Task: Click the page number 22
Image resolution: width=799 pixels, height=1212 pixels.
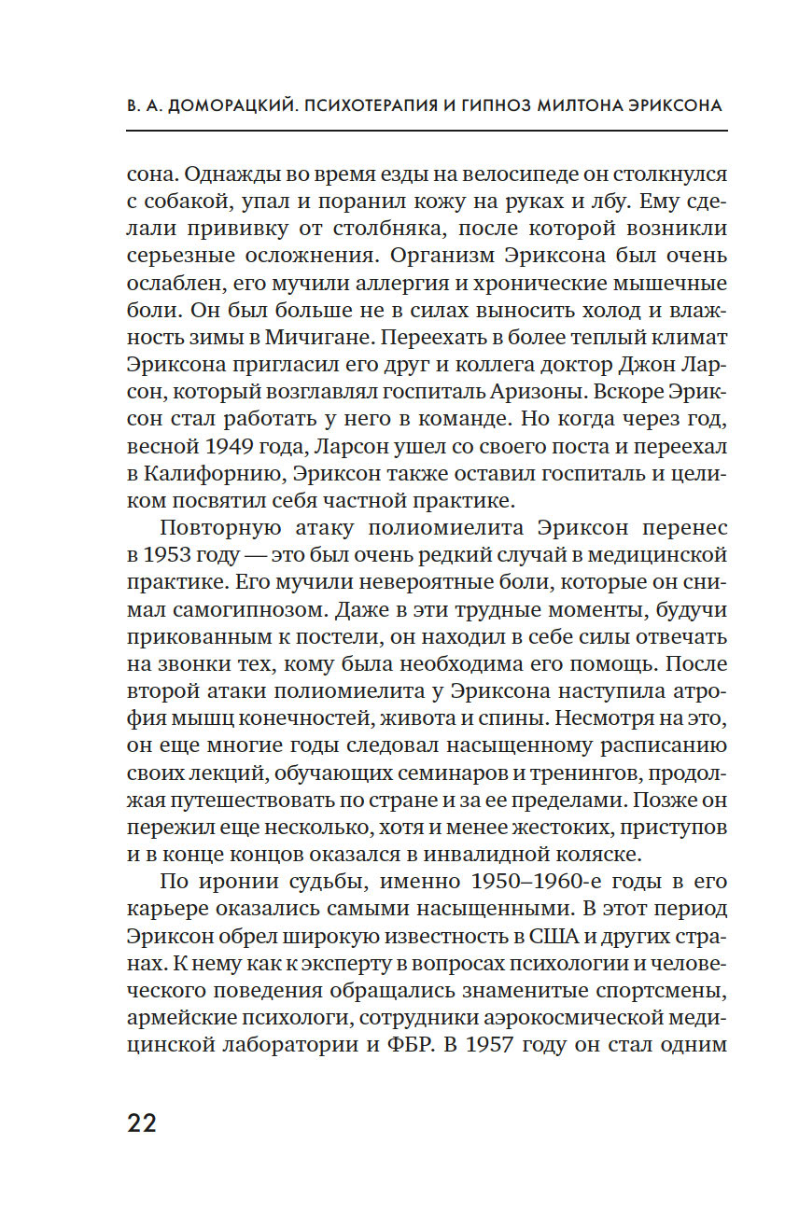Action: [142, 1121]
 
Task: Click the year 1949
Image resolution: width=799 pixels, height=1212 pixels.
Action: [216, 445]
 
